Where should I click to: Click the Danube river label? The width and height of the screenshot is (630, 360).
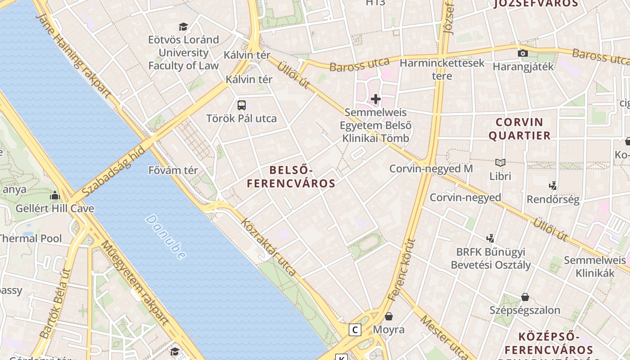165,237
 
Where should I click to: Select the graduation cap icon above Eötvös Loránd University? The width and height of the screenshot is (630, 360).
183,27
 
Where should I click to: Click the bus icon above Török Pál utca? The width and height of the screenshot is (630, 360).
242,105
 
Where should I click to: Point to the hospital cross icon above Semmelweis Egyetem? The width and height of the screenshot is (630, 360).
376,99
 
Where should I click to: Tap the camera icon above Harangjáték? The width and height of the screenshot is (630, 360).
522,54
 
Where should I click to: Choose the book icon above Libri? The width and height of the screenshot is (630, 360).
500,162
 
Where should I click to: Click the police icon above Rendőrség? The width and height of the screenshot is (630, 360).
553,185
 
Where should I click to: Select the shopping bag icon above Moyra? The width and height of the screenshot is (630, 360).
389,316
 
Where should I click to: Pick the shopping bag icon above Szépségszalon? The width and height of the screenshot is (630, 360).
525,297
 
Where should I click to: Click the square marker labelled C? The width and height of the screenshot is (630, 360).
355,330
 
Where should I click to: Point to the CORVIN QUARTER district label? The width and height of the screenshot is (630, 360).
519,129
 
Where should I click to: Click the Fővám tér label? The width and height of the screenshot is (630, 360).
173,171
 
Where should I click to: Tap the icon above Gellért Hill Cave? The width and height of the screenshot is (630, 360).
55,195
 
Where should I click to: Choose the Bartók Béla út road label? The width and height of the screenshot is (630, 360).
55,303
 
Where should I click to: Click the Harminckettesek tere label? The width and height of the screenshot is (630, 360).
442,69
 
